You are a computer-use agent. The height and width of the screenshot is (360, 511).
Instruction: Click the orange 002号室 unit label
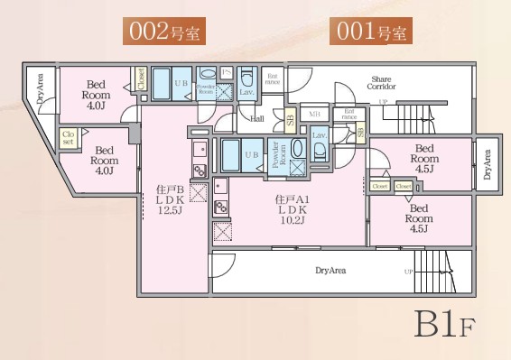pos(164,32)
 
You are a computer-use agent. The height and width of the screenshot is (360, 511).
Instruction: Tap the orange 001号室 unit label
pos(371,32)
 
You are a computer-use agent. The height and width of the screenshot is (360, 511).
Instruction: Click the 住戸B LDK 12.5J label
pos(169,199)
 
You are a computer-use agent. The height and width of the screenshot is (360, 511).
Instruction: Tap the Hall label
pos(257,117)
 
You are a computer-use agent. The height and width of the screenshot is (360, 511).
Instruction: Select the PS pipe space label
pos(227,72)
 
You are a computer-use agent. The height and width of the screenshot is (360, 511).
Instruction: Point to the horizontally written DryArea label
pos(332,270)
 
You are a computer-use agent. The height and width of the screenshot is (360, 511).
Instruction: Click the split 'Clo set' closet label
pos(68,137)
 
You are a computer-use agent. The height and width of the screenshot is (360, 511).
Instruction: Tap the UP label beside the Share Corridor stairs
pos(383,101)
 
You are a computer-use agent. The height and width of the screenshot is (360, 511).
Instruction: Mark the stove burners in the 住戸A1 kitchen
pos(219,208)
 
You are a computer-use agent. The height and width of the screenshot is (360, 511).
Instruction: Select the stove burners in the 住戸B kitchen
pos(199,169)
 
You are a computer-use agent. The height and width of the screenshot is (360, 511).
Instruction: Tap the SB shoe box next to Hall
pos(290,118)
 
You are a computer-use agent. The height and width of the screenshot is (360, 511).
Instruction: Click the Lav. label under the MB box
pos(318,135)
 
